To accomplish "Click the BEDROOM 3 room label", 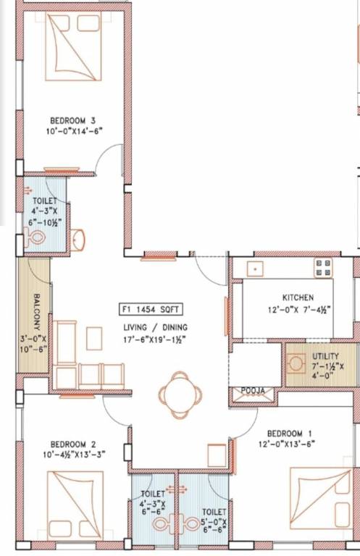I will (72, 120).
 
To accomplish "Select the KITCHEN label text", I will (298, 298).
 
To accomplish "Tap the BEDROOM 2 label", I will (72, 444).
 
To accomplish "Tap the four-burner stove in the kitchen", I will (322, 268).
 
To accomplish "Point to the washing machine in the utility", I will (297, 363).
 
